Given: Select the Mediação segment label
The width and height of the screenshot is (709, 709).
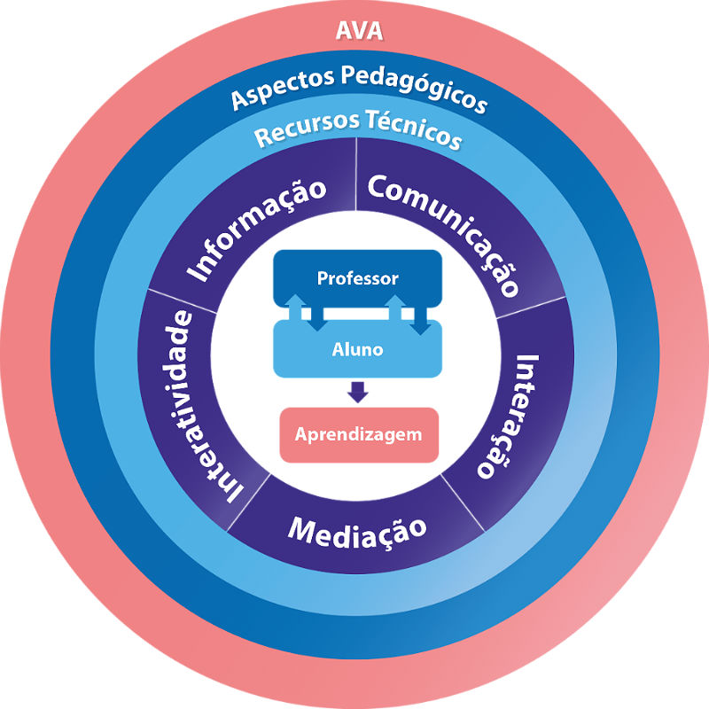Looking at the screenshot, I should click(x=357, y=529).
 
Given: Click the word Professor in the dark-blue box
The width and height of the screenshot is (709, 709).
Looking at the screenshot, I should click(x=357, y=278).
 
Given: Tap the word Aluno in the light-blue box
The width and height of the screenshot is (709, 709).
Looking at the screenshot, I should click(x=357, y=349).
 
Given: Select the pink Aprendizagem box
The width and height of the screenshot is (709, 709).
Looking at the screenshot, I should click(x=359, y=435).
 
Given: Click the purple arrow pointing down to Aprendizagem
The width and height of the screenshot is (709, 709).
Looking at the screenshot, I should click(x=357, y=391).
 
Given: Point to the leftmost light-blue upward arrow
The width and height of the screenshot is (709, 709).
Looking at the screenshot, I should click(x=293, y=306).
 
